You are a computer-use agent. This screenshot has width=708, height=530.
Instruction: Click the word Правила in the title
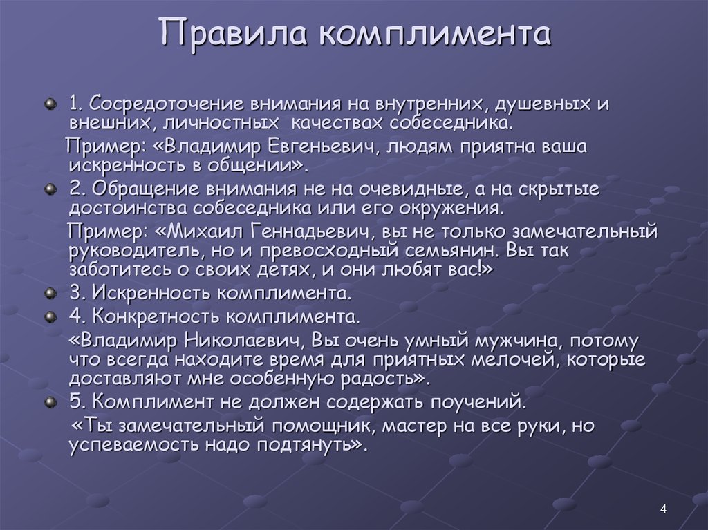[x=233, y=32]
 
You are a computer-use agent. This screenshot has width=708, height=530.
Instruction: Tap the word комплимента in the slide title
[x=435, y=33]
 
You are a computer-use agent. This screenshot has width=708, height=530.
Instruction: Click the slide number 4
[x=663, y=509]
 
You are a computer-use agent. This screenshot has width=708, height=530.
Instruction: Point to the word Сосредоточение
[x=167, y=104]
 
